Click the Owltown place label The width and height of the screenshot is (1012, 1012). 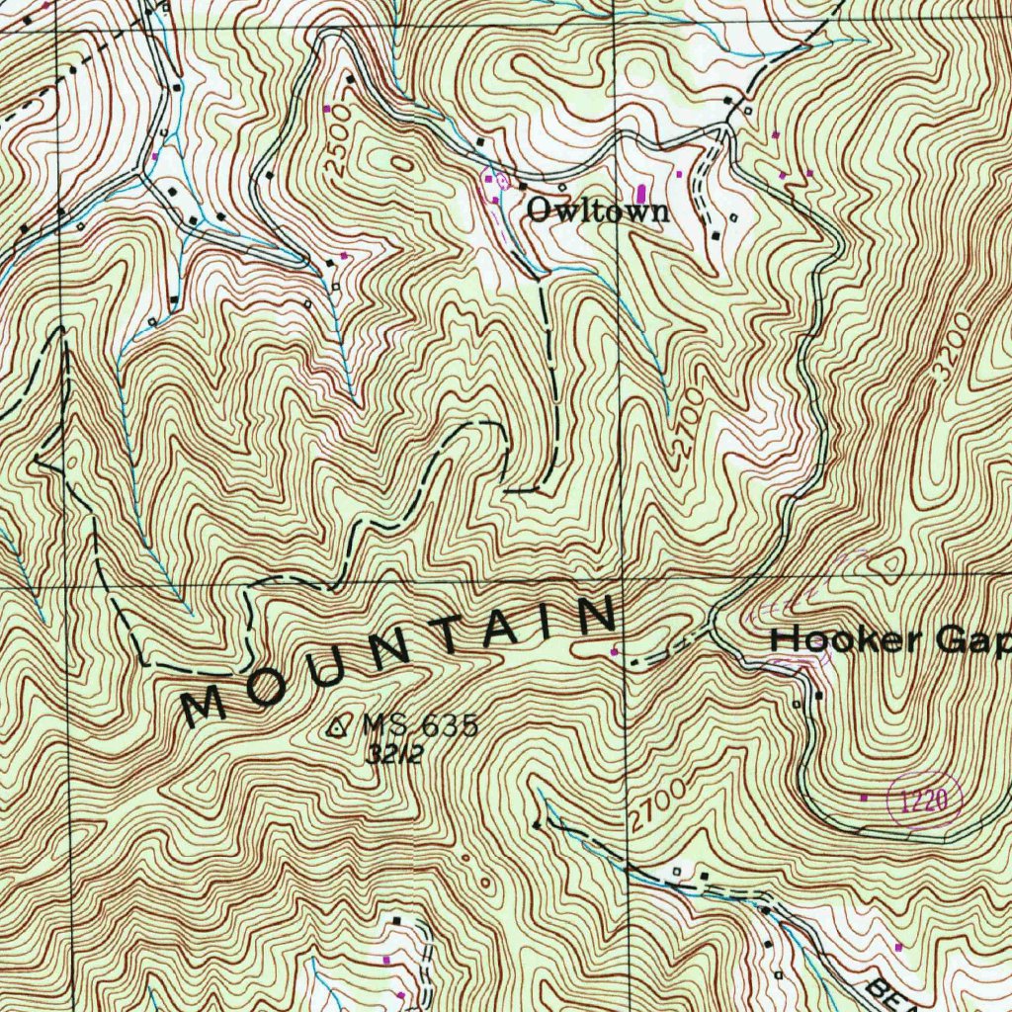pos(597,211)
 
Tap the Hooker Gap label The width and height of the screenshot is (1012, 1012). pos(889,640)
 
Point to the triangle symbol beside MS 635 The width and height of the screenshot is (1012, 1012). pos(338,728)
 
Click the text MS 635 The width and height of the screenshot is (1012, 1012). pos(419,725)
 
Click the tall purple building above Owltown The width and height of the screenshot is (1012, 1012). pos(643,191)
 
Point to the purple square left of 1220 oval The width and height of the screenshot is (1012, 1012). pos(865,797)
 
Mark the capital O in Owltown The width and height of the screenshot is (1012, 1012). pos(539,210)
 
